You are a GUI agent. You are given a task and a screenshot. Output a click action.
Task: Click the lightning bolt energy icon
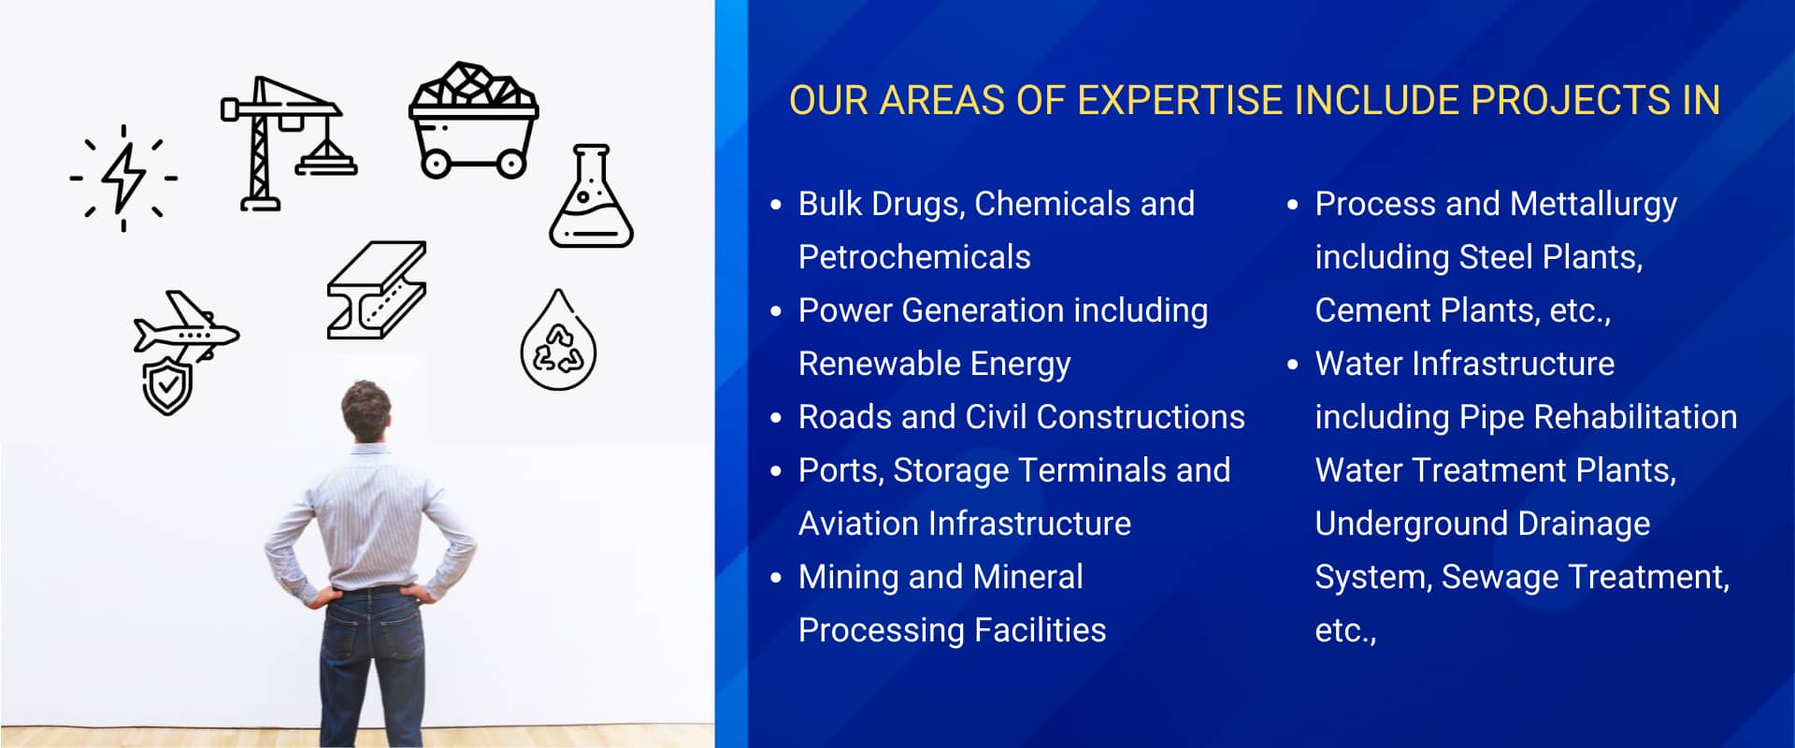pos(122,177)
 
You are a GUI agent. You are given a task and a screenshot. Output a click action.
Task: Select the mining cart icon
pos(473,121)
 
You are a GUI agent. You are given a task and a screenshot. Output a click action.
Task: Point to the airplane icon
pos(187,327)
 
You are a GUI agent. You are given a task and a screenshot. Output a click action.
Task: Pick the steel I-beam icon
pos(377,290)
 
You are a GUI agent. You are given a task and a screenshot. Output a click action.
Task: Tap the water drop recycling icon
pos(558,341)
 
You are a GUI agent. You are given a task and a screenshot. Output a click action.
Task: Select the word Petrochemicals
pos(914,257)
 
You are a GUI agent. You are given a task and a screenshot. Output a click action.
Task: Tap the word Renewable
pos(876,364)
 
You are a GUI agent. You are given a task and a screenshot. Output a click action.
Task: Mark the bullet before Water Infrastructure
pos(1293,365)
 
